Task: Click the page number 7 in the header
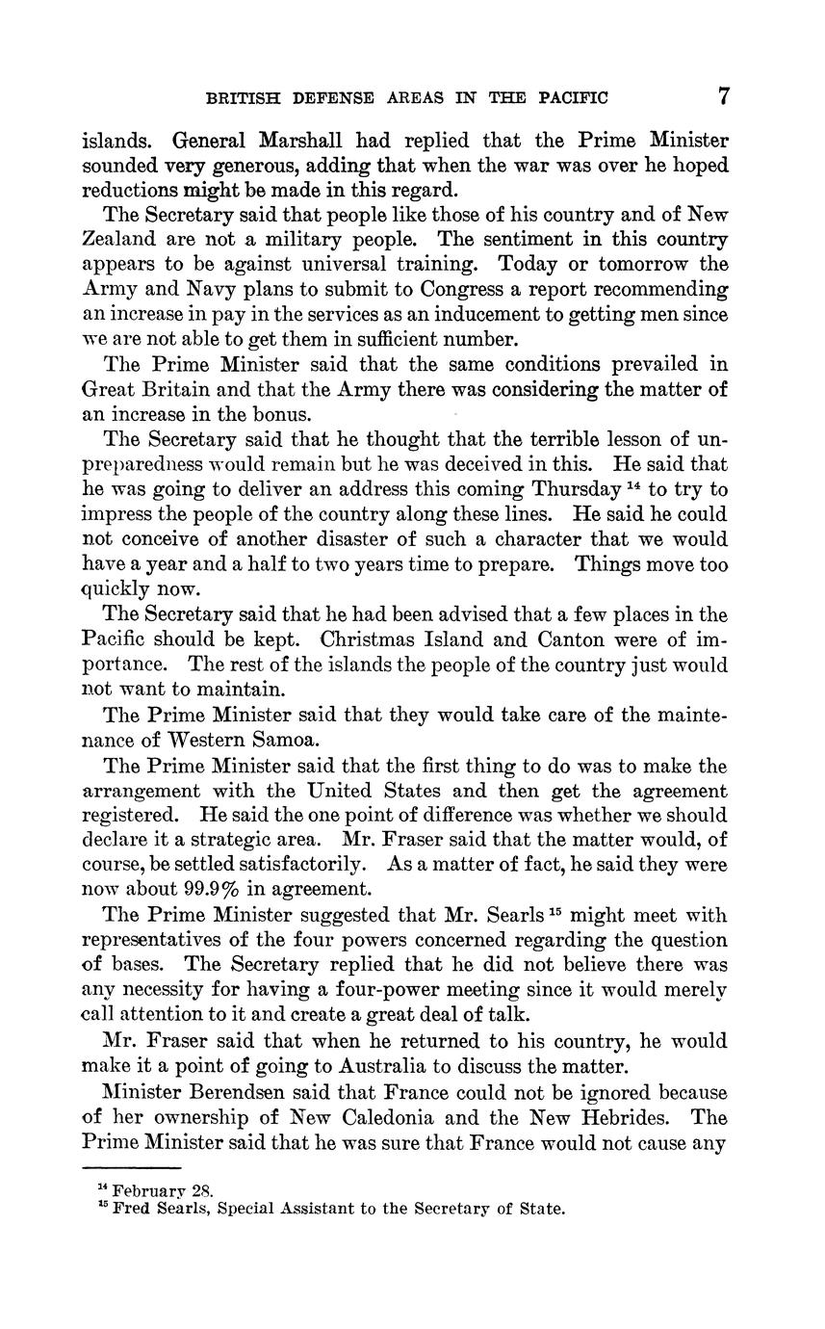click(723, 97)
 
